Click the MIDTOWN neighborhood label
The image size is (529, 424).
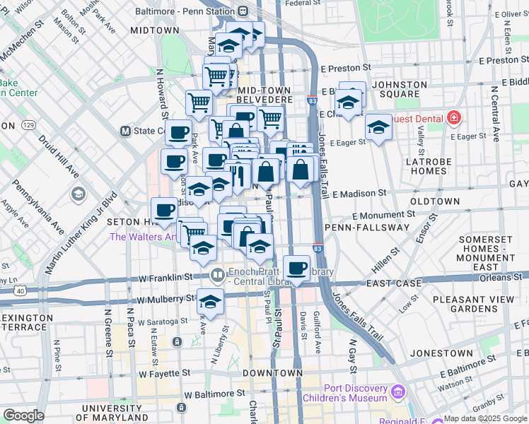point(155,30)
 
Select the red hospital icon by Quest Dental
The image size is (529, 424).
point(453,118)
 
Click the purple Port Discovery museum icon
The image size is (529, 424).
point(398,391)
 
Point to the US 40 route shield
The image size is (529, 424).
point(20,290)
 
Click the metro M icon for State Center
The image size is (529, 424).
point(126,131)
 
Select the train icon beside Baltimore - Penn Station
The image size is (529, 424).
point(243,11)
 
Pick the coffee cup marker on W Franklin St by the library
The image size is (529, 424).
point(297,269)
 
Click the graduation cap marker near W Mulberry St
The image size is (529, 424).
point(210,302)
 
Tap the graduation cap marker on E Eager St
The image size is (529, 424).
point(379,128)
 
